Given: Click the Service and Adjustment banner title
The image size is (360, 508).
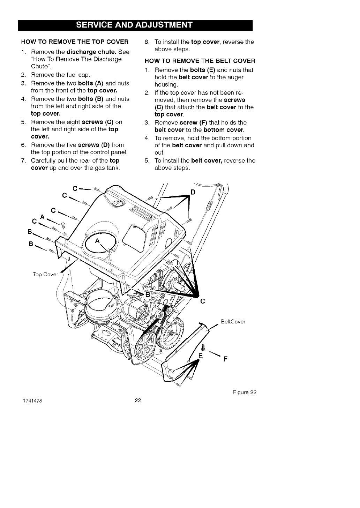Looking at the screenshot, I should (134, 25).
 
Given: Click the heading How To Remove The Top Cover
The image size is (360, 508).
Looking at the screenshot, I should (75, 42).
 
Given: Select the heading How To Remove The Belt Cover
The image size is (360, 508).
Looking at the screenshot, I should (200, 61).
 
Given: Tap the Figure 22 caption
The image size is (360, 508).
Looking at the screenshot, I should (244, 392).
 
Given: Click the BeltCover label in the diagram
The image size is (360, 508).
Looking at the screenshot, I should (233, 322).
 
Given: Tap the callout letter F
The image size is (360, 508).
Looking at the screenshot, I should (225, 359).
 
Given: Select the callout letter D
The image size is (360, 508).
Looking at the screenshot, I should (193, 192).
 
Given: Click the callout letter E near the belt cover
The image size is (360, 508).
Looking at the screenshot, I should (201, 356).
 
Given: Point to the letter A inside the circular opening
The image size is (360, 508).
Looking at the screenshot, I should (97, 241).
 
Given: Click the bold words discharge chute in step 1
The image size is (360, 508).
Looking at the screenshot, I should (89, 52).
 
